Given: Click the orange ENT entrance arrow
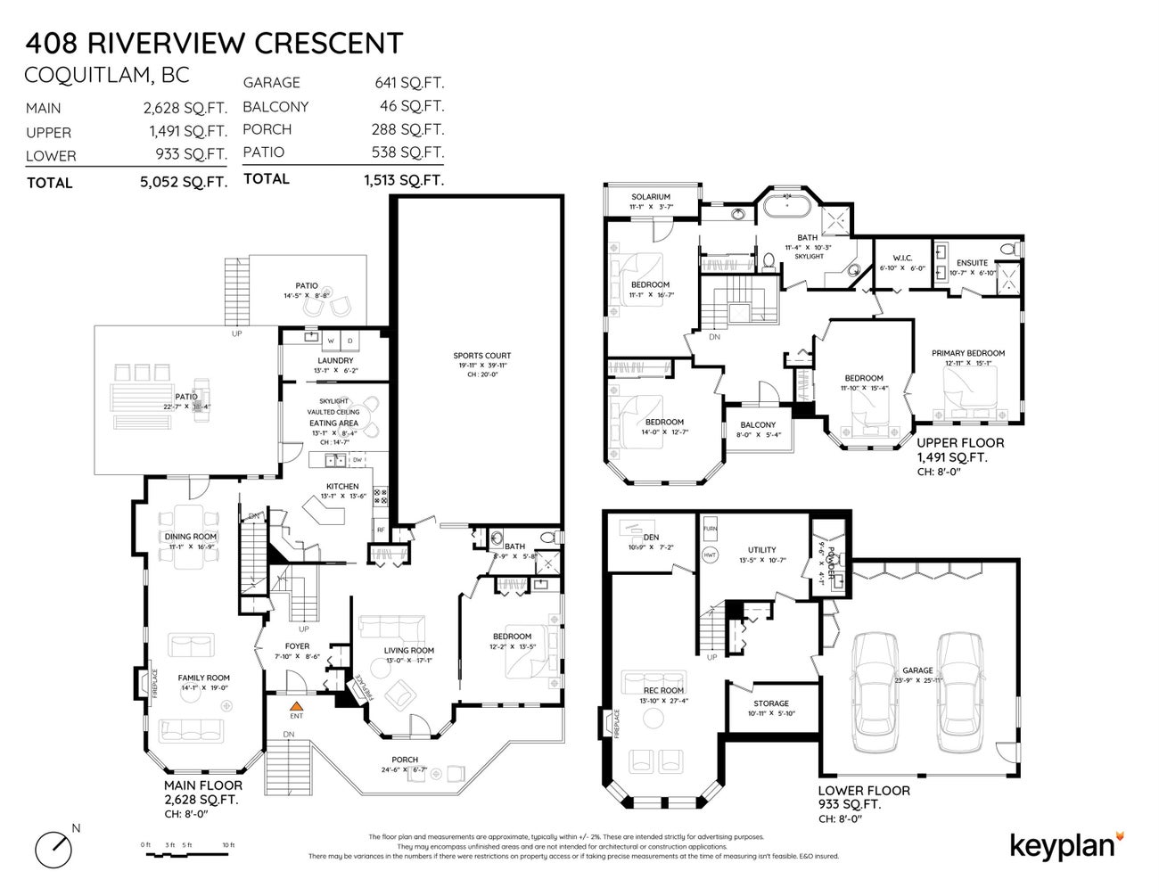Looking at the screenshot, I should [x=296, y=704].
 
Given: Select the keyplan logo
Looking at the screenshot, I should [x=1066, y=844].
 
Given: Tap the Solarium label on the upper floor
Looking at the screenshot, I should [x=650, y=197].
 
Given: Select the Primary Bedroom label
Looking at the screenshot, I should [x=967, y=353].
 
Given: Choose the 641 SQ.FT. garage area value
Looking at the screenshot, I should [x=409, y=83].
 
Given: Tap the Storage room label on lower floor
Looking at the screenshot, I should [x=770, y=703].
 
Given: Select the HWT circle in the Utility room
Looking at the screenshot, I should [x=711, y=555].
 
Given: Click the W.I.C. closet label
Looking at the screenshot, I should [x=896, y=259].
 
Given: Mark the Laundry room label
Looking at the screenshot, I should [x=334, y=360].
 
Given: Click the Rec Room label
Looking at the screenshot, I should [x=663, y=690].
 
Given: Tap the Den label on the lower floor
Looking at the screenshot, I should [x=651, y=537].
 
